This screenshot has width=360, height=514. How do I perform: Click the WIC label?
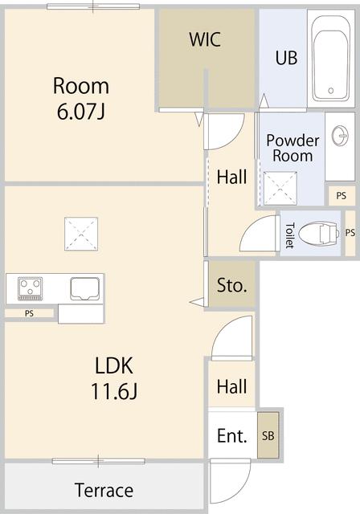point(205,39)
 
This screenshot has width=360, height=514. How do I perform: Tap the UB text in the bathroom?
point(286,58)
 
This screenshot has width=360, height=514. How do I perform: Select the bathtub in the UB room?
point(331,55)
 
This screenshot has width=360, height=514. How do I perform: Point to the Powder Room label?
point(292,148)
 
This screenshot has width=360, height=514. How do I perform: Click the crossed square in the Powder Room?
point(280,189)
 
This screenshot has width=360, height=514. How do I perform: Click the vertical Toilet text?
point(289,235)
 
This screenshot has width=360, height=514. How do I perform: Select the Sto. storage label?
point(232,285)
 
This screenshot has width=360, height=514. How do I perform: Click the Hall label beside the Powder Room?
point(232,177)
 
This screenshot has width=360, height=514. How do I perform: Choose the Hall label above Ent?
point(232,387)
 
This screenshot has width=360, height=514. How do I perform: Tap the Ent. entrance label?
point(232,436)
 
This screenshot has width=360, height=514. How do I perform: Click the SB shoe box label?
point(268,436)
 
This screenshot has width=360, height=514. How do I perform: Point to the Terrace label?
point(104,490)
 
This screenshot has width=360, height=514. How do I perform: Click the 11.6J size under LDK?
point(117,394)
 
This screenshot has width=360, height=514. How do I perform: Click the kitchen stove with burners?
point(31,288)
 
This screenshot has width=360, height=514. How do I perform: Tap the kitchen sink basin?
point(84,288)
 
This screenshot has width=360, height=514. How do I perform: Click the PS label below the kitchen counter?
point(29,313)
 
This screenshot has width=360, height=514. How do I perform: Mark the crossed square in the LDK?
point(82,234)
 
